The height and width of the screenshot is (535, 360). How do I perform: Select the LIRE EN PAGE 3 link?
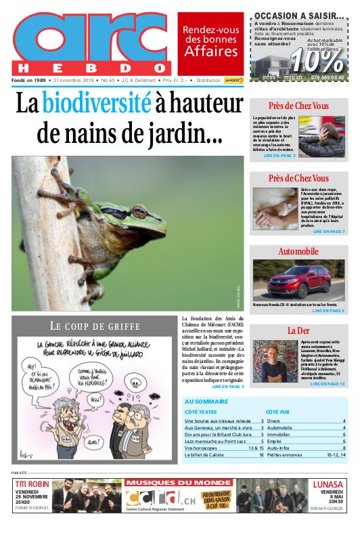279,155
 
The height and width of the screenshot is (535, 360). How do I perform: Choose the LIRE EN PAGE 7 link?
328,232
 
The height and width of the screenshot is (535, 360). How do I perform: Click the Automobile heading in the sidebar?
298,251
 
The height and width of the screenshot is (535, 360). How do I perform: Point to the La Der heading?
298,330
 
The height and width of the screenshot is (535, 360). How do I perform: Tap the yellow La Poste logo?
234,80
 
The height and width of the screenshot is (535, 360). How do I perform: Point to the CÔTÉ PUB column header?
277,411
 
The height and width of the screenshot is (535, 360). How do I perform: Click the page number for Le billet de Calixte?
261,455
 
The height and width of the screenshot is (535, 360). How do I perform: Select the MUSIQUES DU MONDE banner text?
179,483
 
